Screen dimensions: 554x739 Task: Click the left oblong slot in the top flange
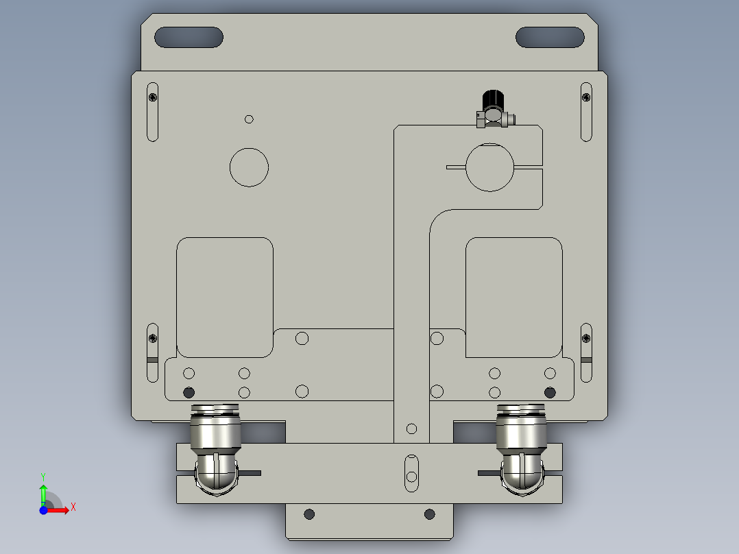tap(189, 37)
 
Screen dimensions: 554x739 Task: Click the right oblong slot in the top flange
tap(550, 37)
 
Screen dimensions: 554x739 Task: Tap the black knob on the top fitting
tap(492, 101)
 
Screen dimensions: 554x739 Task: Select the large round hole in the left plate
tap(249, 167)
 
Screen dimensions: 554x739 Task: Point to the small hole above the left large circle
tap(249, 119)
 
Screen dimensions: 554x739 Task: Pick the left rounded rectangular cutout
tap(225, 297)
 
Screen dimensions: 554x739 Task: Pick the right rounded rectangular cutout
tap(514, 297)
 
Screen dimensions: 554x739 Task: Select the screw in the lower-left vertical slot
tap(152, 337)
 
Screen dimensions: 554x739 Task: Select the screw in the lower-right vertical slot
tap(586, 337)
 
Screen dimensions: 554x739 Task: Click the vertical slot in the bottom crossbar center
tap(411, 472)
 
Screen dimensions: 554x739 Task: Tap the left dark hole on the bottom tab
tap(309, 514)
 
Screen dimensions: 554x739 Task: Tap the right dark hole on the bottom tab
tap(429, 514)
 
